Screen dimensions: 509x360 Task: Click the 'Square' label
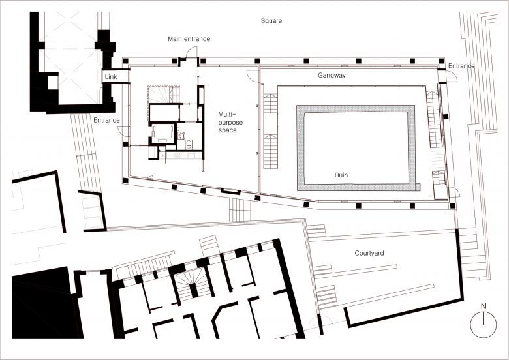(271, 21)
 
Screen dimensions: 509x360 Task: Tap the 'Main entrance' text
(189, 39)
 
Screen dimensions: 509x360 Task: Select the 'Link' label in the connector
(111, 77)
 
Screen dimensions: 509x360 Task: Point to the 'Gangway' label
(332, 75)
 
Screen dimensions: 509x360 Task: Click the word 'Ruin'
(341, 175)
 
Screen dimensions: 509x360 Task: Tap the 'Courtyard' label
(369, 253)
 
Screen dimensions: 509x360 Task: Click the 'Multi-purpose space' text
(230, 122)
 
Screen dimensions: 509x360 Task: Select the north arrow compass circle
(484, 325)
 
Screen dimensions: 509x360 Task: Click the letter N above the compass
(484, 306)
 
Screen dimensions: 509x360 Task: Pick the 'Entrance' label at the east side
(461, 66)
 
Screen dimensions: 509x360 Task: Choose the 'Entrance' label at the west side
(106, 120)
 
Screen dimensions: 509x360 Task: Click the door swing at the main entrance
(191, 52)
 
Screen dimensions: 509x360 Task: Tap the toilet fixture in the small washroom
(189, 144)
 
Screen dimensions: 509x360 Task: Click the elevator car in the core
(162, 133)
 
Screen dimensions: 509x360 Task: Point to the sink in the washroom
(181, 135)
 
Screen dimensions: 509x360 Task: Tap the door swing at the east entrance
(452, 76)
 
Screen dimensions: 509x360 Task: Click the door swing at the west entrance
(123, 130)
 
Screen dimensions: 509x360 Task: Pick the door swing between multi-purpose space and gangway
(253, 76)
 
